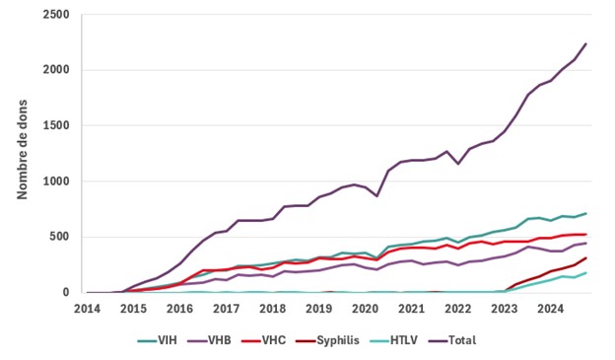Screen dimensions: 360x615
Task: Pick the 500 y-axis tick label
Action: tap(60, 237)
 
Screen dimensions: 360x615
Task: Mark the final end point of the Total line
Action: tap(586, 43)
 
